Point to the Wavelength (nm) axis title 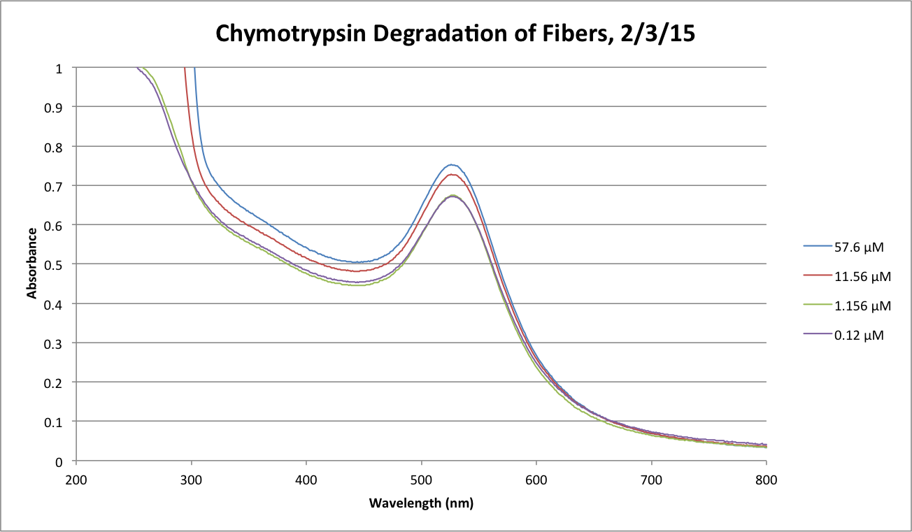point(421,503)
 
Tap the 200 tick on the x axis point(76,480)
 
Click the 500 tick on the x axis point(421,480)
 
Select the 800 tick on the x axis point(767,480)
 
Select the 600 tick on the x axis point(536,480)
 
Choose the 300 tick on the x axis point(191,480)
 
